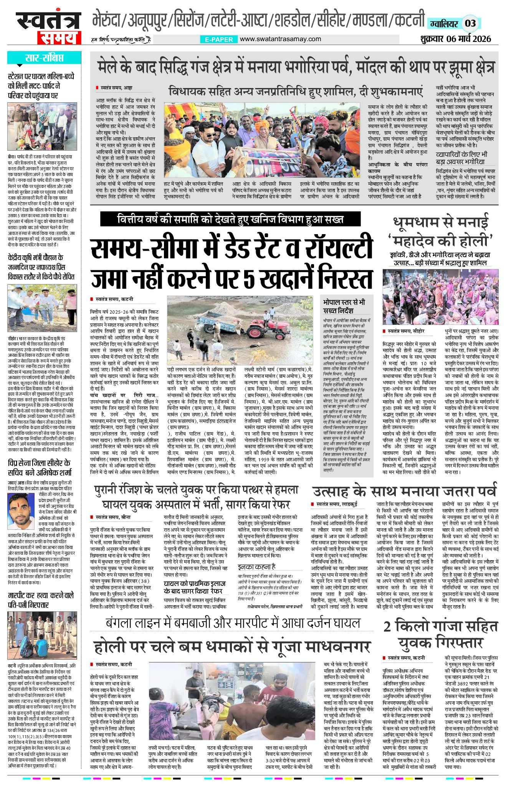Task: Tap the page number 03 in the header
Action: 470,23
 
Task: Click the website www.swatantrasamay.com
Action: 280,39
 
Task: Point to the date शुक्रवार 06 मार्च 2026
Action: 455,39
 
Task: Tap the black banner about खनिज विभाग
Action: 230,220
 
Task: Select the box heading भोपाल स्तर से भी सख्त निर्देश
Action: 344,306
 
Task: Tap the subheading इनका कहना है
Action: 256,566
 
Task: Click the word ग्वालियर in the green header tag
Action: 444,24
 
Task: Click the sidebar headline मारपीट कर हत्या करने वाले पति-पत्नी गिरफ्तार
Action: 41,600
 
